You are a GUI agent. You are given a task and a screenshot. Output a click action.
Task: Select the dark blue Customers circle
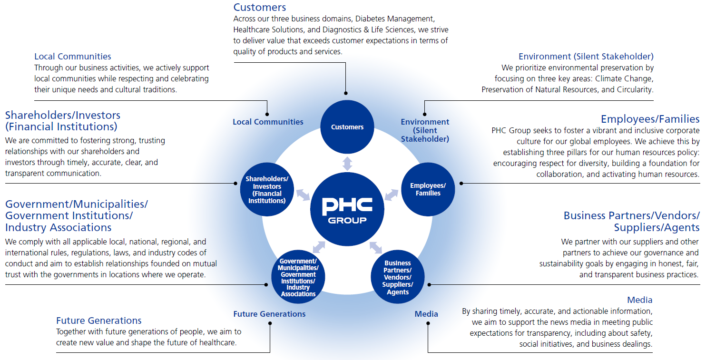347,126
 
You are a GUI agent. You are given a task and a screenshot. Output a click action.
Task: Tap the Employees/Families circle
428,189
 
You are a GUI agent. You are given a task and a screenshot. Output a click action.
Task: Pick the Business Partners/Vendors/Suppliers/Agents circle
397,277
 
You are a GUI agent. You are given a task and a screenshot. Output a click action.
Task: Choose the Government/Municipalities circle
298,277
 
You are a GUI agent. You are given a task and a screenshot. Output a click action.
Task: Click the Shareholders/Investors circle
267,189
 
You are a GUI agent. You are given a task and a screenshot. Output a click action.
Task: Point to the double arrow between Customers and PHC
347,163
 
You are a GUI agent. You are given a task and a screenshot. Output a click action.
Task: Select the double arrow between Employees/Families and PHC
392,195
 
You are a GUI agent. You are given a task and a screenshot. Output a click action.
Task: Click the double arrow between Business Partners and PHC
376,248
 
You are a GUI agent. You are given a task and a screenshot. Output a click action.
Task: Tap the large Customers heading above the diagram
260,7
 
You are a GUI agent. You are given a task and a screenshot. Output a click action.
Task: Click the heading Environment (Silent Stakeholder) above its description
586,57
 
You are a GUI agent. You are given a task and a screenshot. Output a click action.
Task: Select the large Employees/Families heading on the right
650,119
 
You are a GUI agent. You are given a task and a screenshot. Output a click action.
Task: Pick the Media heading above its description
640,300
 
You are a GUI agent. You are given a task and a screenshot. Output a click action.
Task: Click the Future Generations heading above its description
99,321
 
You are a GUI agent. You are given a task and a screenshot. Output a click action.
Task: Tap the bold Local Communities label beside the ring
268,122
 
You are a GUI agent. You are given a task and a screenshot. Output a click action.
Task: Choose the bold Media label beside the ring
426,314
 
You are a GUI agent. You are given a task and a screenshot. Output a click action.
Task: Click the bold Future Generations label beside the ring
269,314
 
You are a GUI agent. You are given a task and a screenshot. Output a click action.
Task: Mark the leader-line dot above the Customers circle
346,93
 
